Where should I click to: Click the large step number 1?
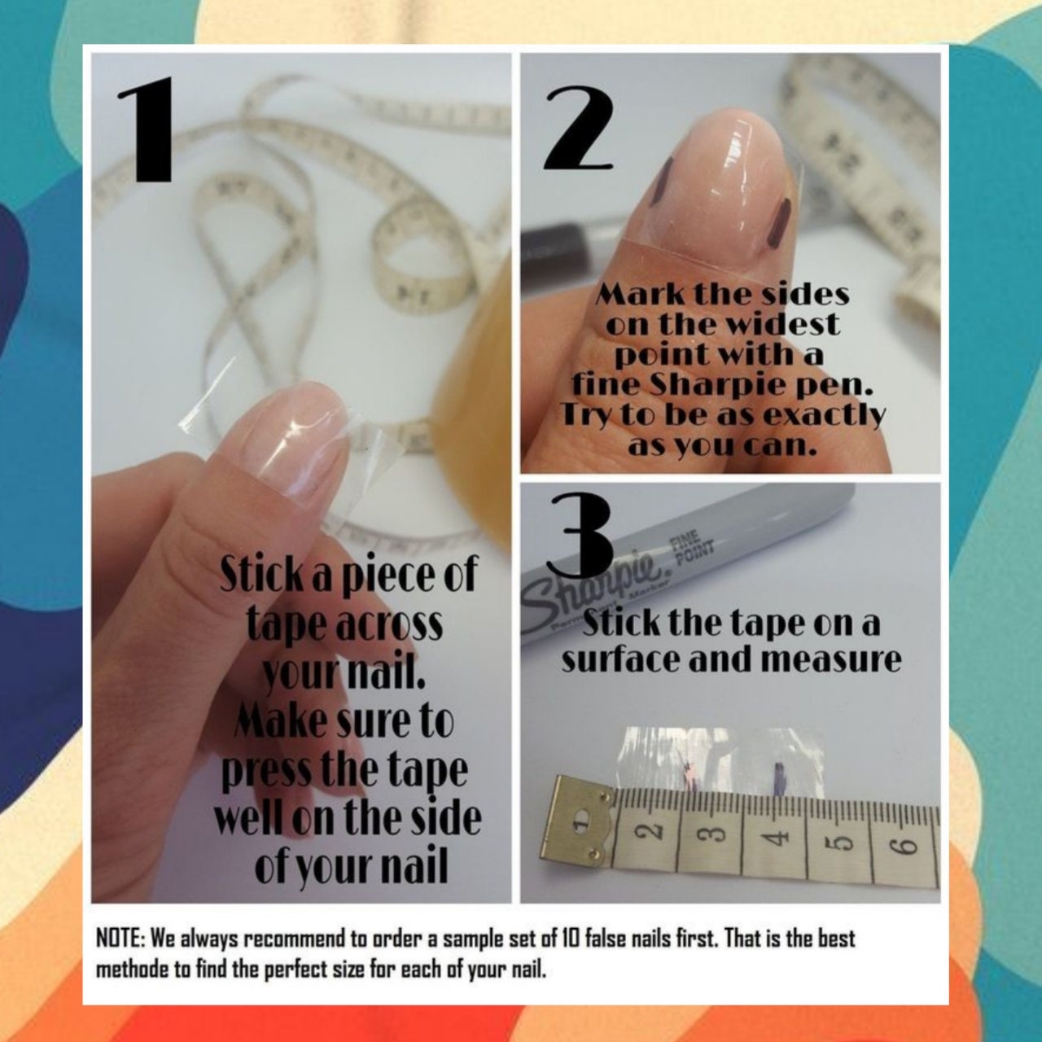146,129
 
